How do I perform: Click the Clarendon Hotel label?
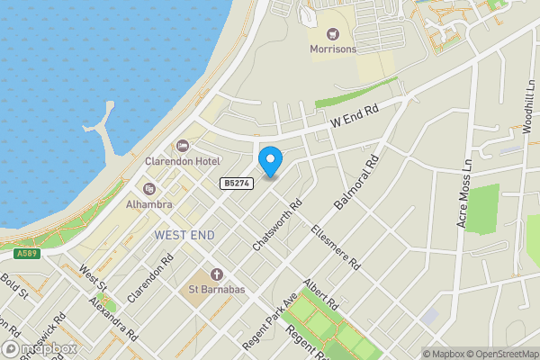183,161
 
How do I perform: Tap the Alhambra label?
148,204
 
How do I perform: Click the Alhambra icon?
148,189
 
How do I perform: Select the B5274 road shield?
235,184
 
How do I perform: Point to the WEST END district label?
184,235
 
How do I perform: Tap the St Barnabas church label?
216,290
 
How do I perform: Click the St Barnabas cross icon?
216,274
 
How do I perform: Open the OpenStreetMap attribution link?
498,354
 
